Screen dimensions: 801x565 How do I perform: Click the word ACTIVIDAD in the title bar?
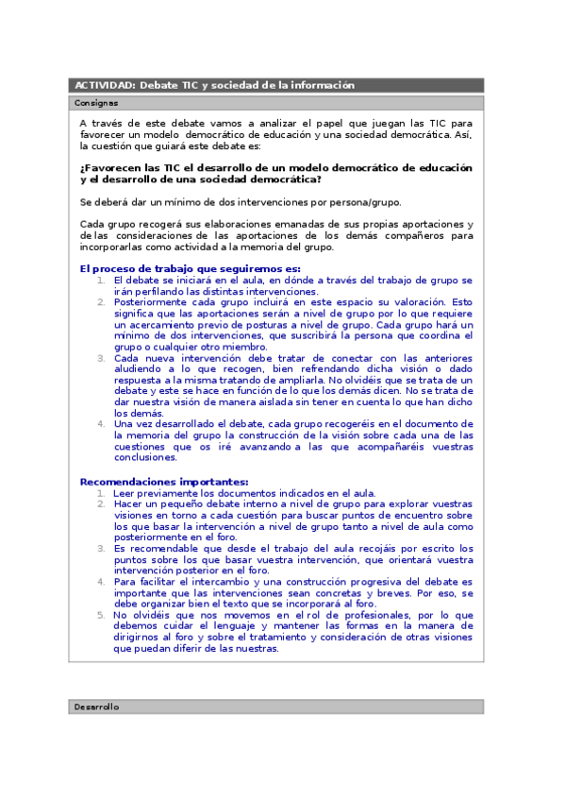(x=104, y=85)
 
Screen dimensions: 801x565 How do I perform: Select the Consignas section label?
(x=95, y=102)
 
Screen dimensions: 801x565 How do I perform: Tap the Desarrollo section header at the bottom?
(x=97, y=707)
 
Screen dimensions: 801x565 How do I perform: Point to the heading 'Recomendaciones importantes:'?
(x=164, y=482)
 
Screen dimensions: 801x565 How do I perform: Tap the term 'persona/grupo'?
(x=368, y=202)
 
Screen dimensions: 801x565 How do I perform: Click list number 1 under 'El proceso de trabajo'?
(x=103, y=281)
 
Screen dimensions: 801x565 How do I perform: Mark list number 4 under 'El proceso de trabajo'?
(x=103, y=424)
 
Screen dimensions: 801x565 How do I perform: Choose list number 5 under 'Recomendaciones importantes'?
(x=103, y=615)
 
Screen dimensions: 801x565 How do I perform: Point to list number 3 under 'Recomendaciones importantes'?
(x=103, y=549)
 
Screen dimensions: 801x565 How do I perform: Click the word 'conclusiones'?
(x=144, y=458)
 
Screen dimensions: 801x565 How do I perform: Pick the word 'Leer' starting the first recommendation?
(x=124, y=493)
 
